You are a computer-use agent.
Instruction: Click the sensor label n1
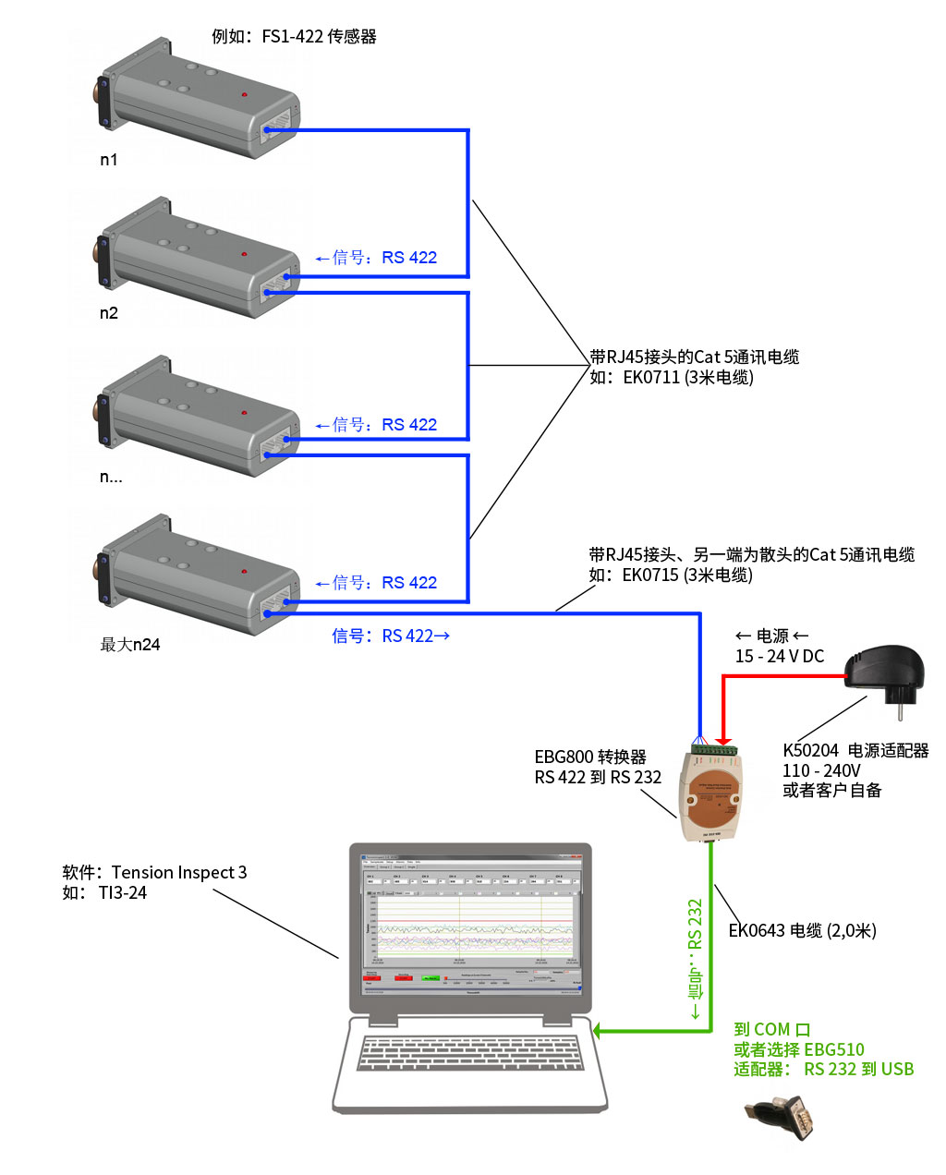tap(109, 160)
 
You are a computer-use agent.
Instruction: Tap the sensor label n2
tap(109, 313)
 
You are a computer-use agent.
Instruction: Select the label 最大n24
tap(130, 645)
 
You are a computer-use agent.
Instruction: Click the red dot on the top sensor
tap(245, 95)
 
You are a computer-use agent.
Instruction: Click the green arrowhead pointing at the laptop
tap(599, 1030)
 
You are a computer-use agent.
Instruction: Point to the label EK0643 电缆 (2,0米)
tap(802, 931)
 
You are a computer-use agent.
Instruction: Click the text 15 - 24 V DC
tap(779, 657)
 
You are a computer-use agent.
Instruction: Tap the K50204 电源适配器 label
tap(855, 751)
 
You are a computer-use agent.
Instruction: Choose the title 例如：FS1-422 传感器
tap(294, 37)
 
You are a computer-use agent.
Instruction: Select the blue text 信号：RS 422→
tap(391, 636)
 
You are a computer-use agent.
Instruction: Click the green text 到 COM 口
tap(771, 1030)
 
